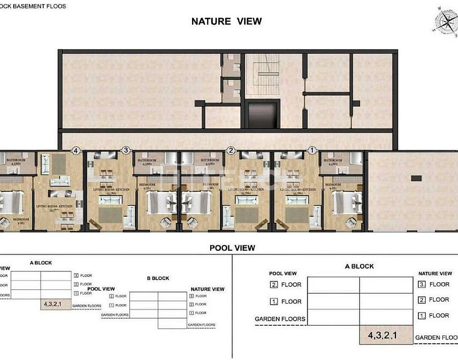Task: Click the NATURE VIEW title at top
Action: pos(226,21)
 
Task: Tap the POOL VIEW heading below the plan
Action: pos(232,248)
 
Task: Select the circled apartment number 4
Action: pos(76,150)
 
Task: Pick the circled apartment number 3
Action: pos(126,150)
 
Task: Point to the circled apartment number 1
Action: pos(312,150)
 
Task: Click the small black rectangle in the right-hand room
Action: pos(416,178)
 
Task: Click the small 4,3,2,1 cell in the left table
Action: pos(55,305)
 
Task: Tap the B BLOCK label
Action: pos(158,278)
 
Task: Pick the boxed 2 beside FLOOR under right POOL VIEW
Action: pos(273,285)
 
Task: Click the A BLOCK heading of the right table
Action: pos(359,266)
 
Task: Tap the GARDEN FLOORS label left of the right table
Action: pos(280,319)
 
